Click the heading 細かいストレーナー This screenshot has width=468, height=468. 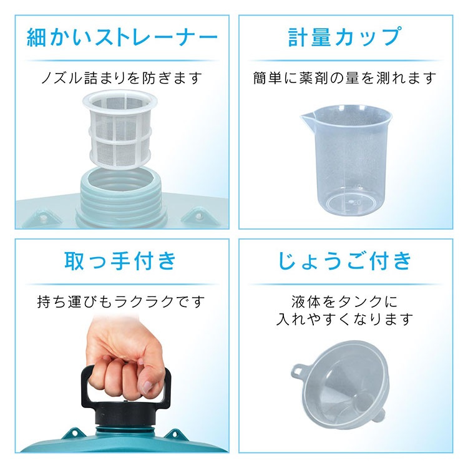pyautogui.click(x=122, y=37)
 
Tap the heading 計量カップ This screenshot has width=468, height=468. pyautogui.click(x=345, y=37)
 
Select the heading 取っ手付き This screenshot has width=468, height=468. pyautogui.click(x=120, y=261)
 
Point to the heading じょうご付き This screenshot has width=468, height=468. pyautogui.click(x=345, y=261)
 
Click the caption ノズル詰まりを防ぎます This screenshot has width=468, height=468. pyautogui.click(x=122, y=78)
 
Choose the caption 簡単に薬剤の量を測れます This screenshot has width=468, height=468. pyautogui.click(x=345, y=78)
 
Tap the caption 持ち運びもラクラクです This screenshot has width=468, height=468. pyautogui.click(x=121, y=302)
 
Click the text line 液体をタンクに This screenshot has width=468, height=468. pyautogui.click(x=345, y=302)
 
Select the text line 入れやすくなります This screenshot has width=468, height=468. pyautogui.click(x=345, y=319)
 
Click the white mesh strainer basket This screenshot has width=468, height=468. pyautogui.click(x=120, y=130)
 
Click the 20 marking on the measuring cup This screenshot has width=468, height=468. pyautogui.click(x=357, y=203)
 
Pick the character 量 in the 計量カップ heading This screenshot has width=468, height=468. pyautogui.click(x=322, y=37)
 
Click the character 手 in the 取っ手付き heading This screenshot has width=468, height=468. pyautogui.click(x=120, y=261)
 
